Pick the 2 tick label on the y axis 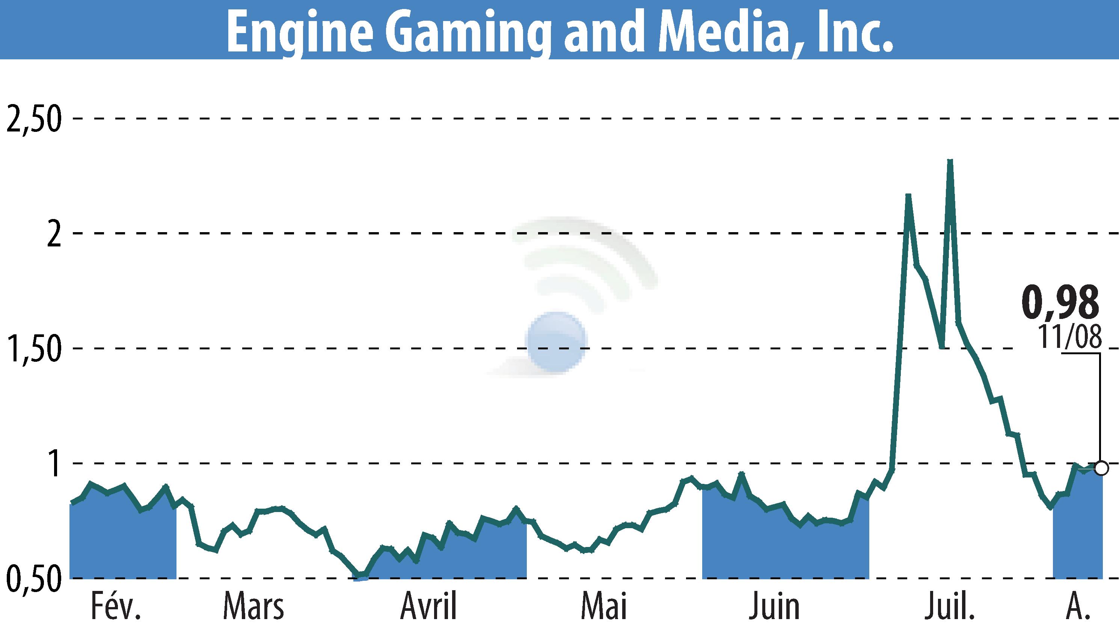click(54, 234)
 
